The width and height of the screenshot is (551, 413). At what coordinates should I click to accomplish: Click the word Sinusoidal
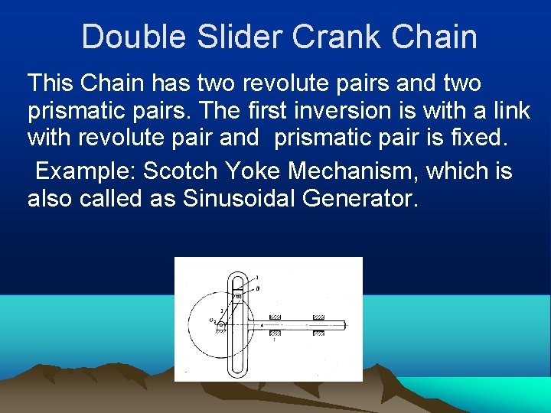[x=239, y=199]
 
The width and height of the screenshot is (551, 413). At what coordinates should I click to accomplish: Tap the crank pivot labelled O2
[x=221, y=324]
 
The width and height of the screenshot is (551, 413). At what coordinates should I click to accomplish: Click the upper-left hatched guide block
[x=275, y=317]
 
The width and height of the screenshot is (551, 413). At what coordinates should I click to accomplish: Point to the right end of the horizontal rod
[x=345, y=325]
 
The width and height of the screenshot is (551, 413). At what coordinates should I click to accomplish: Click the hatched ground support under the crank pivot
[x=221, y=331]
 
